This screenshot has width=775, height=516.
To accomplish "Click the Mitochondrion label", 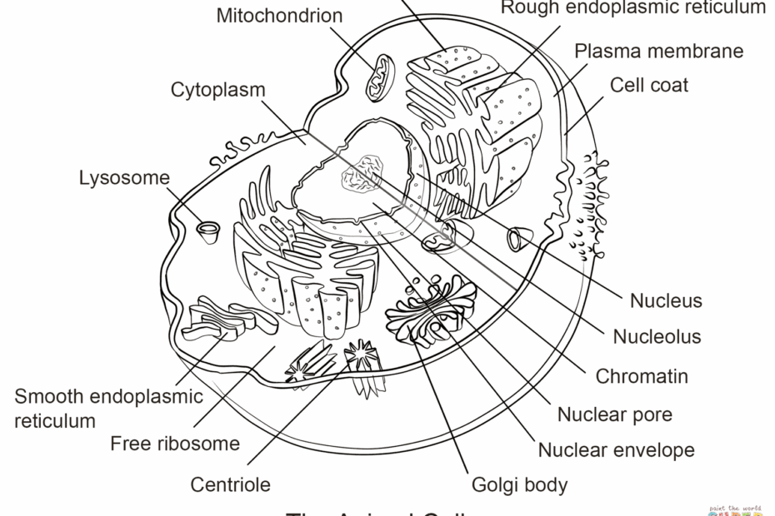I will (x=279, y=16).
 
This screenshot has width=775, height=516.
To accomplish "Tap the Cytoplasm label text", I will (x=218, y=90).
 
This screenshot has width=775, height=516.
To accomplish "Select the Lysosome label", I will (x=124, y=177).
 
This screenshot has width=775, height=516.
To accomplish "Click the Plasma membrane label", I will (x=658, y=51).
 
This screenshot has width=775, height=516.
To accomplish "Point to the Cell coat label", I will (x=649, y=85).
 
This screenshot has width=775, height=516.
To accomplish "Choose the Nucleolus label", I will (x=657, y=336).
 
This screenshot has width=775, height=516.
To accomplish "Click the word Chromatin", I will (x=642, y=376).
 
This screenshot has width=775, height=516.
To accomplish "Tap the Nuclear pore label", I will (x=614, y=414).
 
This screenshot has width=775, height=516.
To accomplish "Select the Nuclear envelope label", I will (x=616, y=451).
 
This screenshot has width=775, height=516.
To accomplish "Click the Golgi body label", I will (x=519, y=484).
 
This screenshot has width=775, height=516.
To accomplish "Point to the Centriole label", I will (x=230, y=484).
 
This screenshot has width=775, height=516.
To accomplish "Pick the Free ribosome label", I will (x=175, y=444).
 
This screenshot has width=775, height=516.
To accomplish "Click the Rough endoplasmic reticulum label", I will (x=632, y=8).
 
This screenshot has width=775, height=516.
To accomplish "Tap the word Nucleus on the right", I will (x=666, y=300).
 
